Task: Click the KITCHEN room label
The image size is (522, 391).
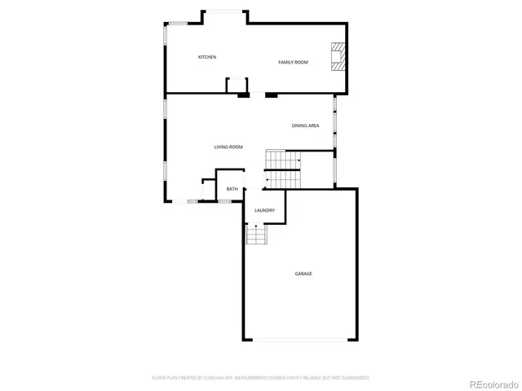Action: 207,57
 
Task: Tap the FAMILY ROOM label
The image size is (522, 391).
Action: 293,62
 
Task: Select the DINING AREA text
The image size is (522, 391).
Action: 305,125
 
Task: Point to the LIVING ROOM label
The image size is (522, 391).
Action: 228,147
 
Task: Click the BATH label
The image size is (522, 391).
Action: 232,189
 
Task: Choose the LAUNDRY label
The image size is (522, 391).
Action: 264,210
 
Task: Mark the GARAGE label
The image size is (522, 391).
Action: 303,274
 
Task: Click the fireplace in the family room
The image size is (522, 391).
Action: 338,56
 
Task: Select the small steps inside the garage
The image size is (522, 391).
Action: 257,235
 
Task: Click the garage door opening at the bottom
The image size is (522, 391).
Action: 299,340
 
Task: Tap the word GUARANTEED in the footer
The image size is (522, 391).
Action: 353,378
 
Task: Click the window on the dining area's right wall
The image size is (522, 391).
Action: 334,114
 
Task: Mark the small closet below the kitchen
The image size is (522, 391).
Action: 237,86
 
